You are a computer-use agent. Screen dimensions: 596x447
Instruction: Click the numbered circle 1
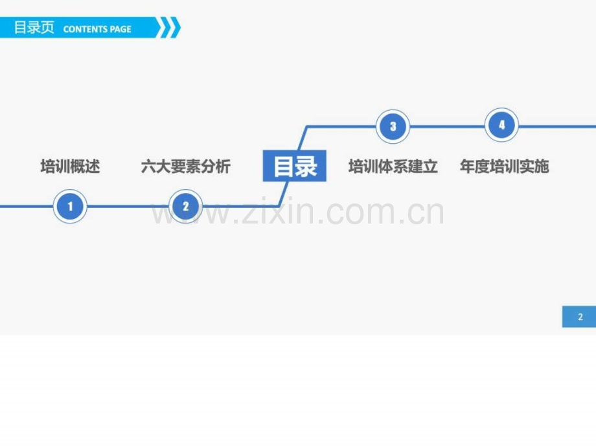pyautogui.click(x=70, y=206)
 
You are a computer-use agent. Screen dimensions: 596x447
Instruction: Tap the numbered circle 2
pyautogui.click(x=185, y=206)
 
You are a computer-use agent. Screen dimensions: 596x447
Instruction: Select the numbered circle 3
pyautogui.click(x=393, y=126)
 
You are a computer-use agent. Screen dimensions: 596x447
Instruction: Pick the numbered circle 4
pyautogui.click(x=501, y=125)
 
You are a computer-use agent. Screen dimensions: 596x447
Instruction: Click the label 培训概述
pyautogui.click(x=71, y=166)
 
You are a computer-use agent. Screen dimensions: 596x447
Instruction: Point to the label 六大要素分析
pyautogui.click(x=186, y=166)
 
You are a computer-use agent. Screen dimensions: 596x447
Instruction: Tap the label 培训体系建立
pyautogui.click(x=393, y=166)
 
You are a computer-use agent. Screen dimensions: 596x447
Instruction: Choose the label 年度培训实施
pyautogui.click(x=505, y=166)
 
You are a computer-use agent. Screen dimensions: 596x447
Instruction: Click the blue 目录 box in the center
pyautogui.click(x=295, y=166)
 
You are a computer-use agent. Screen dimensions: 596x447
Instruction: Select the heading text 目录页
pyautogui.click(x=34, y=28)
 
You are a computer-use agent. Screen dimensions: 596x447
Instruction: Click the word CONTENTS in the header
pyautogui.click(x=86, y=29)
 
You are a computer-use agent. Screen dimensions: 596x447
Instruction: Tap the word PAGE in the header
pyautogui.click(x=120, y=29)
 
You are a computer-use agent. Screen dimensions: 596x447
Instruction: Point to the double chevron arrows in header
pyautogui.click(x=169, y=27)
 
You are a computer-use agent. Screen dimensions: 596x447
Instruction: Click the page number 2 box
pyautogui.click(x=579, y=317)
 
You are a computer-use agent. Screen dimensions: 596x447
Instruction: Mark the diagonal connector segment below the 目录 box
pyautogui.click(x=284, y=194)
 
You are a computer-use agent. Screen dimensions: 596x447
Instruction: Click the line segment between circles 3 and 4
pyautogui.click(x=448, y=126)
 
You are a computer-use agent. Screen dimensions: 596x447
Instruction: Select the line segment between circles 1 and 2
pyautogui.click(x=128, y=207)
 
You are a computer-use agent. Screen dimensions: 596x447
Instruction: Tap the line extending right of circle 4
pyautogui.click(x=557, y=126)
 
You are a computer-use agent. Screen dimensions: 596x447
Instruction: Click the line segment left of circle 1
pyautogui.click(x=27, y=207)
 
